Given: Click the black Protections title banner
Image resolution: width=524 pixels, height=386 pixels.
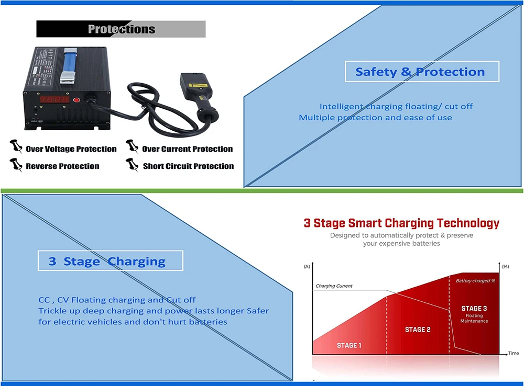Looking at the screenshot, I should point(121,29).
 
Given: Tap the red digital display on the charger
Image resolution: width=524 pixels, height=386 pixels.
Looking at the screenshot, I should point(55,99).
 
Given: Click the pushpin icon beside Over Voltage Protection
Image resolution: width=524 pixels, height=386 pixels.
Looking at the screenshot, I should point(16,147).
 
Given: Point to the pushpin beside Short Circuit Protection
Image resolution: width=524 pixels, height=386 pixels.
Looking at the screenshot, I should point(132,165).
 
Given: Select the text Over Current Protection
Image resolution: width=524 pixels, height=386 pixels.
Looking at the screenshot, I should point(187,149).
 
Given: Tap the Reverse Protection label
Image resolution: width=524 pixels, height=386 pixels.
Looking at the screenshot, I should point(62,166).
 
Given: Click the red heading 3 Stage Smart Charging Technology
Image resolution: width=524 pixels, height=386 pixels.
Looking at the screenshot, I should point(401,223).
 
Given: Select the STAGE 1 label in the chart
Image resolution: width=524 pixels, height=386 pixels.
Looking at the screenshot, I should point(349,345).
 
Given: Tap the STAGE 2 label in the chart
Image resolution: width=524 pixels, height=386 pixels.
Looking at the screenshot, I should point(418,330).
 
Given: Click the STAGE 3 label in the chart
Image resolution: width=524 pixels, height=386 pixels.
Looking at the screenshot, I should point(474,309).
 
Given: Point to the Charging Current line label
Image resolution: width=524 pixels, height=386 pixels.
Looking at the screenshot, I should point(334,286).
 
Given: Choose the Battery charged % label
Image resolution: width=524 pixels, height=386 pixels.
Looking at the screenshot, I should point(475,281).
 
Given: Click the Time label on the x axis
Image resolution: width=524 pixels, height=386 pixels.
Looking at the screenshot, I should point(514,354).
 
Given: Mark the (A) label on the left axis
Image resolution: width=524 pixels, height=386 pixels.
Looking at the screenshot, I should point(307,267).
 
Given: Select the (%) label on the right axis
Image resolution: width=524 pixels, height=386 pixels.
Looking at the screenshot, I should point(505,267).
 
